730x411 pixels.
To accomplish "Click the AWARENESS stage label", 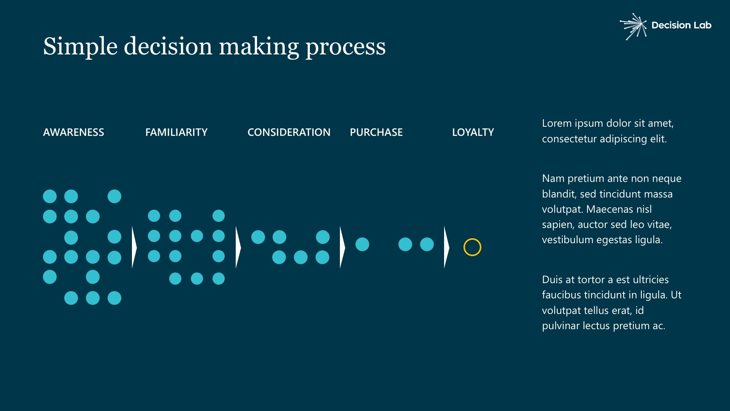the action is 73,132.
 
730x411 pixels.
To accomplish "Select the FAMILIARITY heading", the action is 176,132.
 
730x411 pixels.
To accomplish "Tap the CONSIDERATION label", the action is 289,132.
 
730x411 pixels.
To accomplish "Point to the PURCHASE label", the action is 376,132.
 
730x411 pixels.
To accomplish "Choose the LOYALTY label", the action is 473,132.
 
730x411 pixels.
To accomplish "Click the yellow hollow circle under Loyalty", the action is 472,239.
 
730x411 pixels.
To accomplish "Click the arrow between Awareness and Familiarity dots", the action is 134,247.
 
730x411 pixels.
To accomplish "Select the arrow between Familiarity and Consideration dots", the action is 238,247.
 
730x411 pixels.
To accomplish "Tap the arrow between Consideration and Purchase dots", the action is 343,247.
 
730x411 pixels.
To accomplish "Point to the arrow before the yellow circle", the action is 447,247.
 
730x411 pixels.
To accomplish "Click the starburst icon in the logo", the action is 633,26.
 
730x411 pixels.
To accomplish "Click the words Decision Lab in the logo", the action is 681,25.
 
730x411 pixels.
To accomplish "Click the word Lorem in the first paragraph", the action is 557,123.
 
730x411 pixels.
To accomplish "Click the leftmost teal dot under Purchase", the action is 362,244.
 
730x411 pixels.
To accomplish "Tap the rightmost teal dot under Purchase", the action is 427,244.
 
